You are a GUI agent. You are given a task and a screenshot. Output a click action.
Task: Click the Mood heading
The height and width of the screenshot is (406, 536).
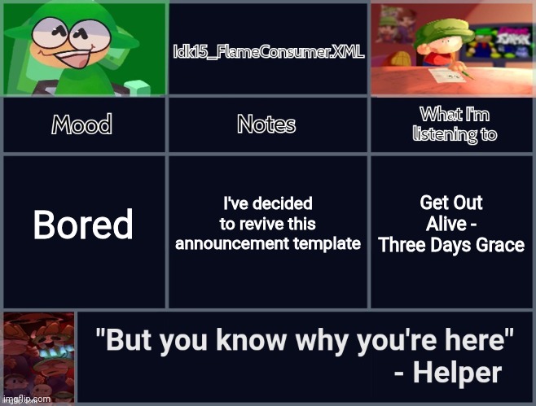click(x=82, y=125)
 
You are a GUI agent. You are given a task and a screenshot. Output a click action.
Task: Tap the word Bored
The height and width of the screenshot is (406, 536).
click(x=82, y=225)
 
